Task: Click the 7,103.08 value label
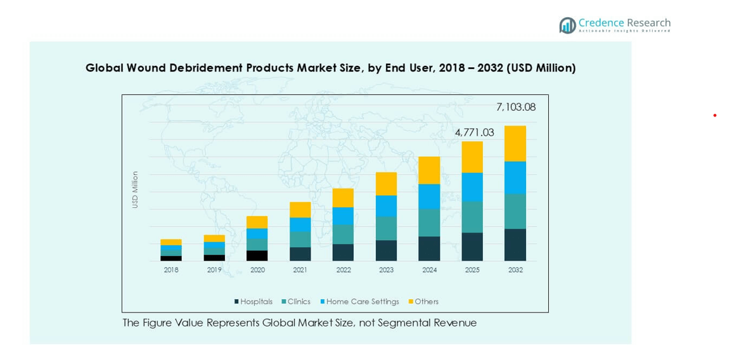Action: pos(516,107)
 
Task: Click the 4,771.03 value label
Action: pos(474,132)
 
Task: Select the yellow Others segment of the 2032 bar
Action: pos(515,143)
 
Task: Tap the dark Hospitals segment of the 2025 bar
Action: pos(472,247)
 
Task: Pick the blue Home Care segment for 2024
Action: pos(429,196)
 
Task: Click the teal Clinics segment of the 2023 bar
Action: pos(386,228)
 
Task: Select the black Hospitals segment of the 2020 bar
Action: pos(257,255)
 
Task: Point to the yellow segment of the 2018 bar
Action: pos(171,242)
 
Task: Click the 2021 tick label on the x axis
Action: pos(300,270)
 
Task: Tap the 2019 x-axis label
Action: pos(214,270)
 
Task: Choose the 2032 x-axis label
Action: pos(515,270)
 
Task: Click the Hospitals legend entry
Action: pos(253,302)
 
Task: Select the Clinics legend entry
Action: pos(296,302)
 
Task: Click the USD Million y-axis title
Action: pos(135,190)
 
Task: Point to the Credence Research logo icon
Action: pos(567,25)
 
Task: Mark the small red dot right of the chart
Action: pos(715,115)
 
